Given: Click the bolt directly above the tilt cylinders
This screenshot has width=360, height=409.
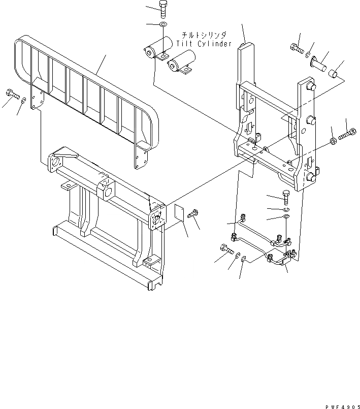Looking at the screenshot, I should coord(162,9).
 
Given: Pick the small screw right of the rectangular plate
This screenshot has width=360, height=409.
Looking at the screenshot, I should coord(193,214).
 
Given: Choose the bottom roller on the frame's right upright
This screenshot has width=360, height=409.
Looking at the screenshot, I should coord(311,177).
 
